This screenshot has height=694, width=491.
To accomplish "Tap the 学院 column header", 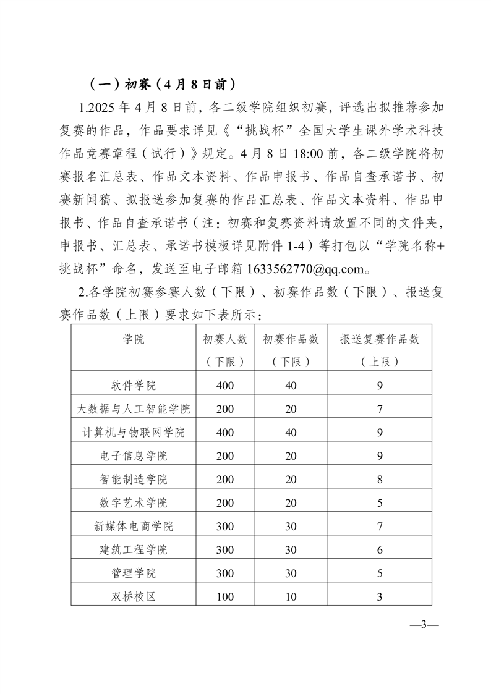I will (134, 339).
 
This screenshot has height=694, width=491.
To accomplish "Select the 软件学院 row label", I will (134, 386).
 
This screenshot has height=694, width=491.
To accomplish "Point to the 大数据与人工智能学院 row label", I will (134, 409).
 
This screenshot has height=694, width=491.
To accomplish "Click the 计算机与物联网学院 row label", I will (134, 433).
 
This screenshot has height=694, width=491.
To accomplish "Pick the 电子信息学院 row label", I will (134, 456).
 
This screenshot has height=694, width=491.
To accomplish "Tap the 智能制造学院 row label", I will (134, 480).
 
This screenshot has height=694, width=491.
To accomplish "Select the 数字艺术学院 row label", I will (134, 503).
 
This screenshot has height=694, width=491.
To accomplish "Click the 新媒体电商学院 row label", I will (134, 527).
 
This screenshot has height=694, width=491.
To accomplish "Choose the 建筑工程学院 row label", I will (134, 550).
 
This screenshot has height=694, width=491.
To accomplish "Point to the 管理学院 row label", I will (134, 573).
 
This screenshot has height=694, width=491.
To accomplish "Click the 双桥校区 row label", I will (134, 597).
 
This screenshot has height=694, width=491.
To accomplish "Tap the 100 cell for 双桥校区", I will (226, 597).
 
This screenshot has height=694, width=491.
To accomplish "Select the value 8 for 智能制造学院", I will (380, 480).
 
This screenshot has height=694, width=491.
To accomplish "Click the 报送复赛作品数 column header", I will (380, 339).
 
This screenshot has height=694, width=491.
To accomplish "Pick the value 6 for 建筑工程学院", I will (380, 550).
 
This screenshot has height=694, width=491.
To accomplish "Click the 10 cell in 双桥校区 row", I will (291, 597).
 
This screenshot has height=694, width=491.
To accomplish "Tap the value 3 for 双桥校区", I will (380, 597).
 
